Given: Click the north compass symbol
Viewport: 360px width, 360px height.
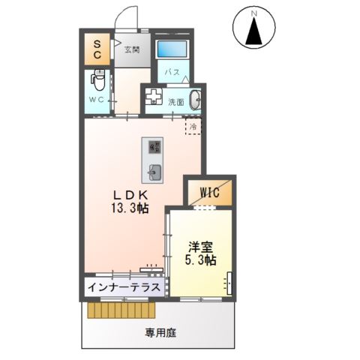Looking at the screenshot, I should (254, 29).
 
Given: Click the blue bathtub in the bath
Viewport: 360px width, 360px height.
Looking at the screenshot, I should (173, 49).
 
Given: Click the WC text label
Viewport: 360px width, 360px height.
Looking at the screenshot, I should (97, 99).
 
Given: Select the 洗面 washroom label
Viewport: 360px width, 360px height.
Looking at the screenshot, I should (177, 102).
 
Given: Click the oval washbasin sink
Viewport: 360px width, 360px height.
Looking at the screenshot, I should (196, 100).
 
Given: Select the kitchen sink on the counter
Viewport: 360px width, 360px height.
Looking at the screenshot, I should (154, 171).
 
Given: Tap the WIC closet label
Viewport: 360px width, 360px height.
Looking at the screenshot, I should (208, 193).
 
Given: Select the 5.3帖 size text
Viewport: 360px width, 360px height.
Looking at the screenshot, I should (201, 260).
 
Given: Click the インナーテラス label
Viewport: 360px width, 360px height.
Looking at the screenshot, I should (123, 287).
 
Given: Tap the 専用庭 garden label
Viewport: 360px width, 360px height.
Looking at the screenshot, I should (160, 331).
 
